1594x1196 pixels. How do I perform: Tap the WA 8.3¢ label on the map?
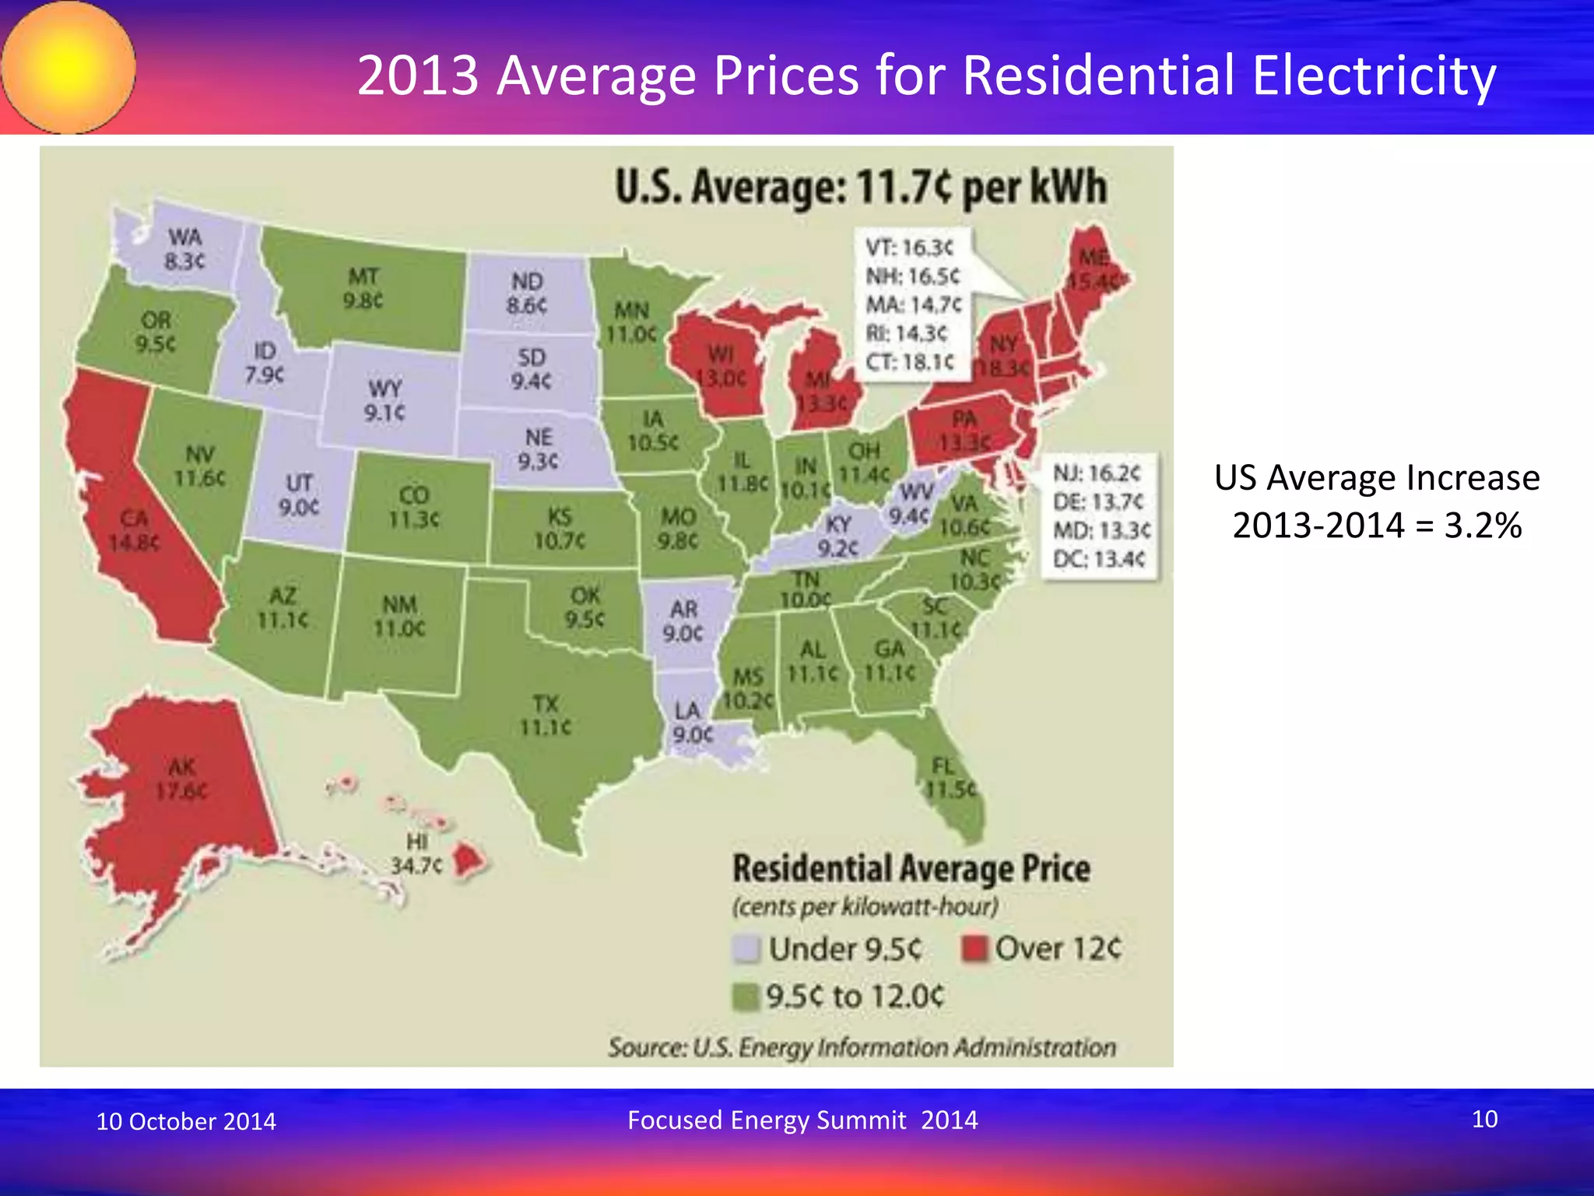pos(184,249)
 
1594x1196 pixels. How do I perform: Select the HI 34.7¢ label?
pos(416,853)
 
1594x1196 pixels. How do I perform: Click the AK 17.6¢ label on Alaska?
pos(181,779)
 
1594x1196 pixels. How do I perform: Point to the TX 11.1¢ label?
pos(546,716)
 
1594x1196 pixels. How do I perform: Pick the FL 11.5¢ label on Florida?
pos(950,778)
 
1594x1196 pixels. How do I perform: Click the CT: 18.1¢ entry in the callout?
pos(909,362)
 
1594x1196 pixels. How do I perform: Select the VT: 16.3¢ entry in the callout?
pos(909,248)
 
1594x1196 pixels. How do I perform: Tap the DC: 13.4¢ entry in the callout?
pos(1099,559)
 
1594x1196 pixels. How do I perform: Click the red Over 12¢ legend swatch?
pos(974,948)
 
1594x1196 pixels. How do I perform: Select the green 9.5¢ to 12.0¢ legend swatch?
pos(746,997)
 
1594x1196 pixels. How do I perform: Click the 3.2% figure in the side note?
pos(1483,526)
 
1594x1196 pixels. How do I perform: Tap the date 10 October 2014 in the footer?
pos(186,1121)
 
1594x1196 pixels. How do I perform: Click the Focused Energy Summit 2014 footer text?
pos(802,1120)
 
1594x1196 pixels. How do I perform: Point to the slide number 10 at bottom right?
pos(1484,1119)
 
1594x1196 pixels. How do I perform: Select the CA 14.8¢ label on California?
pos(134,530)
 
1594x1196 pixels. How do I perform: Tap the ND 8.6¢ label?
pos(527,294)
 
